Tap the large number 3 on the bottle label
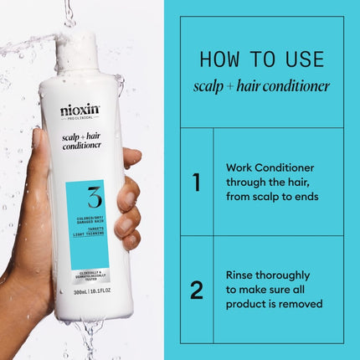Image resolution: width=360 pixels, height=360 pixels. click(95, 198)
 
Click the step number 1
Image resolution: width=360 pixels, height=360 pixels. click(197, 182)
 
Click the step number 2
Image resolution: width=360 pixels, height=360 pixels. click(197, 290)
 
